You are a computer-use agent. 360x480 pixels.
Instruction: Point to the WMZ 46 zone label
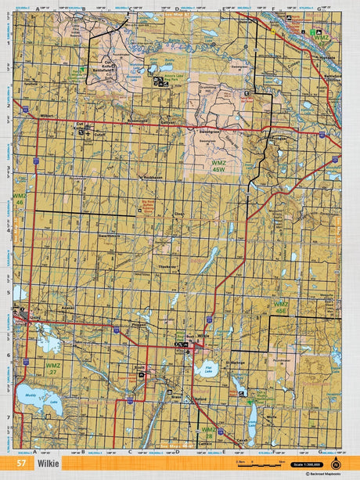[x=20, y=199]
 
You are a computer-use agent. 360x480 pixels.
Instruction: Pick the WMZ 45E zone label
[x=280, y=306]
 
